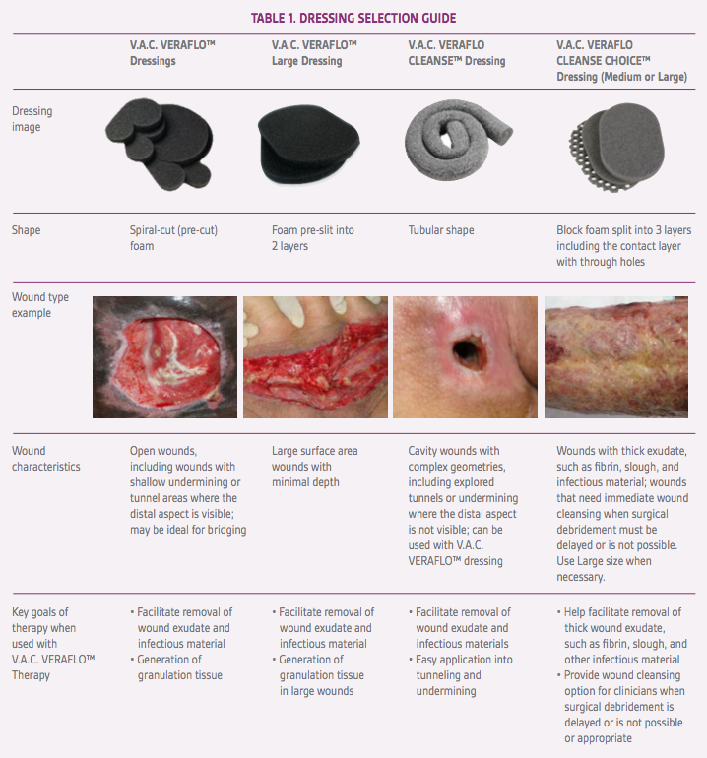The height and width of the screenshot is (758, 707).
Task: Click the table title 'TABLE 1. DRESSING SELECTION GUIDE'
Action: [353, 19]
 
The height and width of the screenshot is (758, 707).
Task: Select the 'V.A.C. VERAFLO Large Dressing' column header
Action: [314, 53]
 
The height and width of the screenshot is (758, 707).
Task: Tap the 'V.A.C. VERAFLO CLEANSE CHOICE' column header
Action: [621, 60]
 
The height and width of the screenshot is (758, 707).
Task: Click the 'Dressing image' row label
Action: [32, 119]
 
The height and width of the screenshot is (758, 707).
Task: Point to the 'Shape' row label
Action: [27, 230]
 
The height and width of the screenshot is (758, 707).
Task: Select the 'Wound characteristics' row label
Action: [46, 459]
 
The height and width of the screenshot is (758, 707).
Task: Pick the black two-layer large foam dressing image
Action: [308, 145]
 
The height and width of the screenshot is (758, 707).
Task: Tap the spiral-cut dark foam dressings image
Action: [159, 144]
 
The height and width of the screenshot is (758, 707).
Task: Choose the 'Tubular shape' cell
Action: [441, 230]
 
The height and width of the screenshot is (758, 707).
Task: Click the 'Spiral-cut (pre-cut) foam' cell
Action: [173, 238]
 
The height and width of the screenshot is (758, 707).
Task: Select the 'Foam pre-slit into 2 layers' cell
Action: [313, 238]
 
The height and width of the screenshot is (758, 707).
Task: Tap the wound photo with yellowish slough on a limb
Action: [616, 357]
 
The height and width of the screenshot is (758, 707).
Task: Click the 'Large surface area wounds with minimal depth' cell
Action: [315, 467]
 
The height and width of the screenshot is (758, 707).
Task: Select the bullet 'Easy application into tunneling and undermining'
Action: [461, 675]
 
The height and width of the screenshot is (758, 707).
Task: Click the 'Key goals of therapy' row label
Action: [53, 644]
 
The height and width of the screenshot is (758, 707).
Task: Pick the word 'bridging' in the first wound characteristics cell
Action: [226, 530]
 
